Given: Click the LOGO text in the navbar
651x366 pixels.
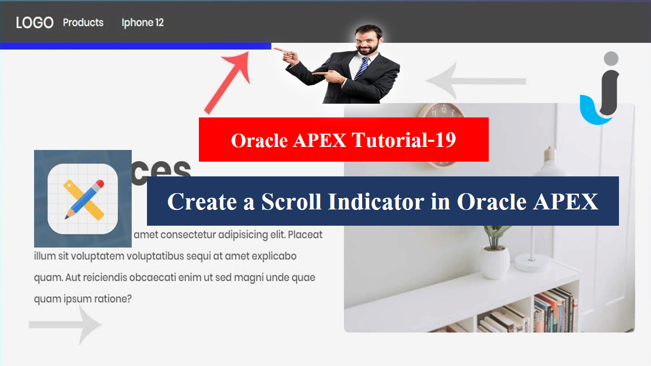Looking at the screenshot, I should (x=35, y=23).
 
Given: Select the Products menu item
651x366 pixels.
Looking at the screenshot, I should (x=83, y=23).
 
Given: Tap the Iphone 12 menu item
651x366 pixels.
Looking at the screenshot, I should (x=142, y=23).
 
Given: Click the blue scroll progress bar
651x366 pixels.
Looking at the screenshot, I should (x=135, y=46).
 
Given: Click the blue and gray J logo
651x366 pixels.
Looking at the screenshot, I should (x=601, y=89).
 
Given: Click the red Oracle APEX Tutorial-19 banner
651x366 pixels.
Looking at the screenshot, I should (x=343, y=140).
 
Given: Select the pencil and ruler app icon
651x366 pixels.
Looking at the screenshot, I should (x=83, y=199).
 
